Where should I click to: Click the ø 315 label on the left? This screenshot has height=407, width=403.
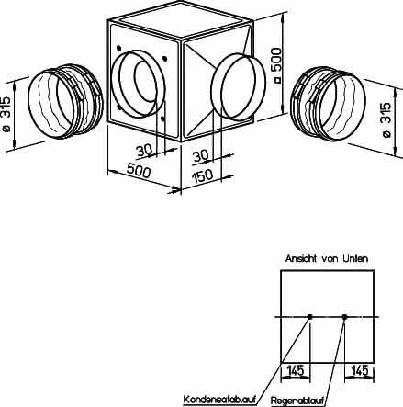pyautogui.click(x=6, y=114)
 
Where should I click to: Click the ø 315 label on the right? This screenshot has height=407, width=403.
pyautogui.click(x=386, y=120)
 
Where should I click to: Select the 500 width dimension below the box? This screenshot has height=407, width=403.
pyautogui.click(x=139, y=171)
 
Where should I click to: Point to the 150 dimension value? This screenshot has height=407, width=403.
pyautogui.click(x=202, y=175)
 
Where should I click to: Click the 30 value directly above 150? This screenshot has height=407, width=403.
pyautogui.click(x=201, y=156)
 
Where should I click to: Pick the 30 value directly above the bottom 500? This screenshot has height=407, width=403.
pyautogui.click(x=144, y=151)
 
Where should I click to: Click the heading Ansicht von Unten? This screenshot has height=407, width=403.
pyautogui.click(x=327, y=259)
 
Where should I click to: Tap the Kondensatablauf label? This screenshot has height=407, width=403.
pyautogui.click(x=219, y=400)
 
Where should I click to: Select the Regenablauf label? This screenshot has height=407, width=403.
pyautogui.click(x=297, y=401)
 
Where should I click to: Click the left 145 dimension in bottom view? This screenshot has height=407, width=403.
pyautogui.click(x=296, y=370)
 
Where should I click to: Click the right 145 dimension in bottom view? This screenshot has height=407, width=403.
pyautogui.click(x=360, y=370)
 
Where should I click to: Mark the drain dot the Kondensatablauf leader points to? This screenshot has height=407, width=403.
pyautogui.click(x=309, y=317)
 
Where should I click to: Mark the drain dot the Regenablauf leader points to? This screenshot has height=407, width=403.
pyautogui.click(x=344, y=317)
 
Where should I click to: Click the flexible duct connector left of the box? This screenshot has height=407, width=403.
pyautogui.click(x=65, y=102)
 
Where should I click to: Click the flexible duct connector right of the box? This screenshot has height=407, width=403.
pyautogui.click(x=328, y=104)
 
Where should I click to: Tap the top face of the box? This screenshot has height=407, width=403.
pyautogui.click(x=181, y=20)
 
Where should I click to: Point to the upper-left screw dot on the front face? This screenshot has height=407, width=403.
pyautogui.click(x=118, y=48)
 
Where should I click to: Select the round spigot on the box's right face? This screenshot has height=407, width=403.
pyautogui.click(x=239, y=86)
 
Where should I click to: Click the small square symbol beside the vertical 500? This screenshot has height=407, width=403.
pyautogui.click(x=277, y=80)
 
